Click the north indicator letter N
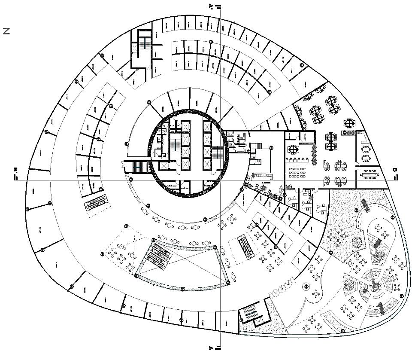tap(6, 31)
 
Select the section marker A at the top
tap(211, 6)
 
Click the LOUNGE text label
tap(265, 183)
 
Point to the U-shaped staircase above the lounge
tap(256, 155)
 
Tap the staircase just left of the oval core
tap(137, 167)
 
